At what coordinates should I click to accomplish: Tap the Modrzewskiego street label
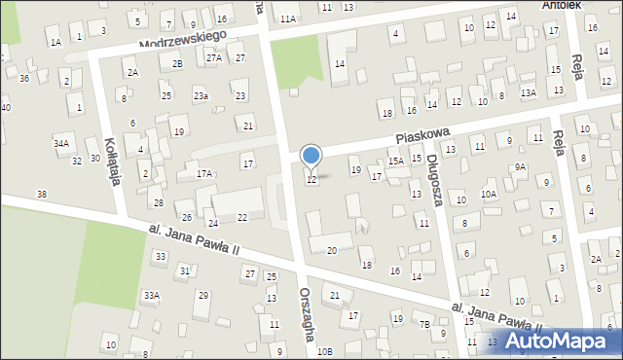[183, 40]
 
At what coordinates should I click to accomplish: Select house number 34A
[61, 143]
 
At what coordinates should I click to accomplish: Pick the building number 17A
[204, 173]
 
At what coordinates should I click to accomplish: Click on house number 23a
[201, 95]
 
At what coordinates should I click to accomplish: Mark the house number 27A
[214, 58]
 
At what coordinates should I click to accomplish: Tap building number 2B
[177, 63]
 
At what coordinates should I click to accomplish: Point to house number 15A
[395, 162]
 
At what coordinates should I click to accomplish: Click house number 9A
[521, 166]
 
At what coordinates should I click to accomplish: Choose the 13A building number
[529, 92]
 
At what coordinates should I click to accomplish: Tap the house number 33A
[151, 295]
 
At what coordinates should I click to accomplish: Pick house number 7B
[424, 324]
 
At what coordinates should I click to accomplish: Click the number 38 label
[41, 195]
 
